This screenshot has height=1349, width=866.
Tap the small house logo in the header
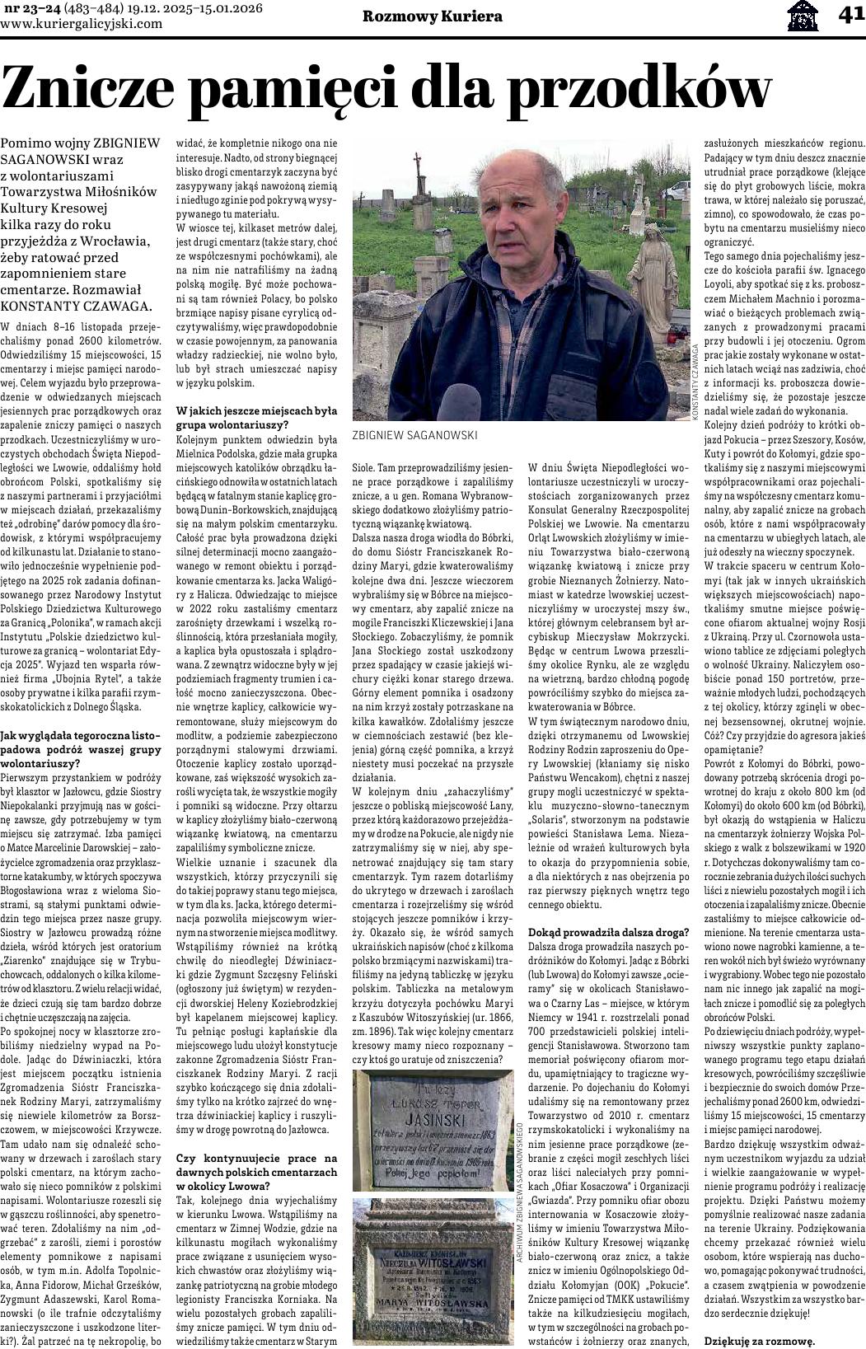tap(803, 15)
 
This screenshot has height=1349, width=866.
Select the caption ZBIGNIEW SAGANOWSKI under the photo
tap(414, 435)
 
